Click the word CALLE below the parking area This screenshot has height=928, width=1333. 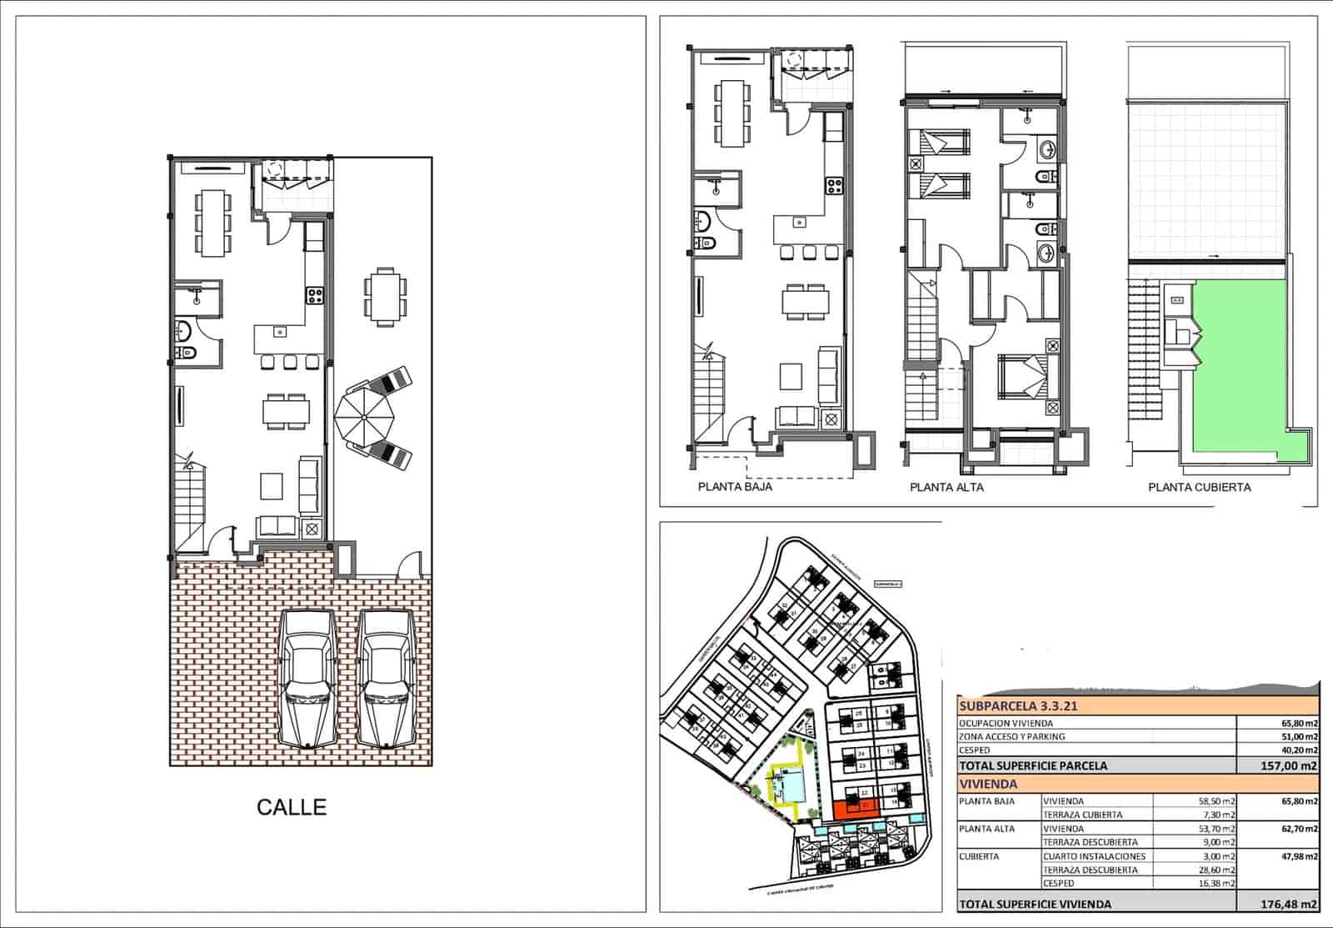click(x=292, y=807)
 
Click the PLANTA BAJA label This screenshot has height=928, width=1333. click(x=735, y=487)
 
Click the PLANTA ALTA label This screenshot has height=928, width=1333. click(x=946, y=487)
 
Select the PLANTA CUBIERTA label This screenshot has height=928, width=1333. click(x=1199, y=487)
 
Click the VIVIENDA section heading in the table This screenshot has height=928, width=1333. click(x=988, y=784)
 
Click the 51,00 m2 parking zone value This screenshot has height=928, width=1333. click(x=1300, y=736)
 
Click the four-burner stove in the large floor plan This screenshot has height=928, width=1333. click(x=315, y=295)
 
